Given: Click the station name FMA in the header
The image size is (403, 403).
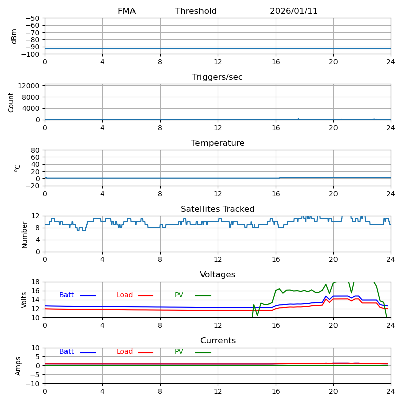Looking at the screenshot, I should [126, 11].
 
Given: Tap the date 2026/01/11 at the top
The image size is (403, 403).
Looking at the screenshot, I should [294, 11].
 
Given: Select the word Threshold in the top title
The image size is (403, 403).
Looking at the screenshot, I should [196, 11].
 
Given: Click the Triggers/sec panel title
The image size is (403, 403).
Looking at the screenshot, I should [218, 77].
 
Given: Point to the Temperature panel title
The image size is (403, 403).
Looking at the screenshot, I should [218, 143].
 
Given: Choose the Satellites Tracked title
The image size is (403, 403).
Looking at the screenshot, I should [218, 209].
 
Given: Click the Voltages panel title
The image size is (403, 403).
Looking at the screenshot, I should [218, 275].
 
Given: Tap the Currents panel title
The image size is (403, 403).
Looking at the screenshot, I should [218, 341].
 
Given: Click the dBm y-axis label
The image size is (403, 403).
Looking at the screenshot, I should [14, 36].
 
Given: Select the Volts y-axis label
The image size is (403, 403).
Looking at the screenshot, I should [24, 300].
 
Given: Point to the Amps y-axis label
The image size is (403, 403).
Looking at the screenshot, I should [19, 366].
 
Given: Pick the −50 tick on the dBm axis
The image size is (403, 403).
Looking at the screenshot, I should [32, 18].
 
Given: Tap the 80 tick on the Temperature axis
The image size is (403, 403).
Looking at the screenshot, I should [35, 150].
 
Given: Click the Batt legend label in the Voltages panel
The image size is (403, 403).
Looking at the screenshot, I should [66, 295].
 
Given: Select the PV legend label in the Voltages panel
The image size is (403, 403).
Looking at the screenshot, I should [179, 295].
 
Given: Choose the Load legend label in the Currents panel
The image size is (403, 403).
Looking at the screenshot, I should [125, 352].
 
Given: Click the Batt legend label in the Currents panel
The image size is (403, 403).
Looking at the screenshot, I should [66, 352].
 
